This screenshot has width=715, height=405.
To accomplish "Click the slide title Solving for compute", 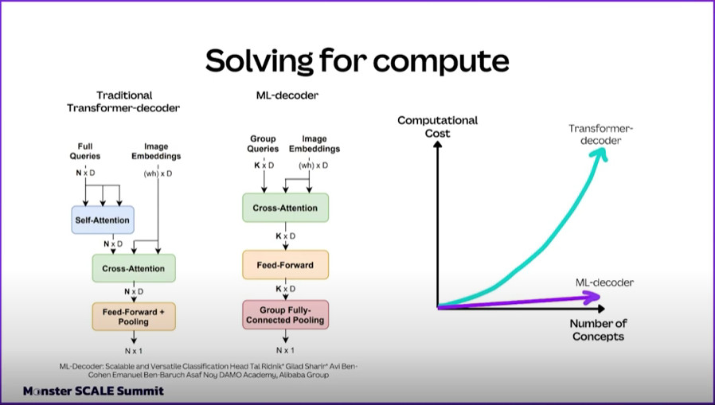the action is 357,61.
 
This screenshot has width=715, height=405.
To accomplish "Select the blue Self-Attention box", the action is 103,220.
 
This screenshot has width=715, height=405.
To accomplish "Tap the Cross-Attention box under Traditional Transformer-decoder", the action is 134,268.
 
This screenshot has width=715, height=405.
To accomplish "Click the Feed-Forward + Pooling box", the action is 134,317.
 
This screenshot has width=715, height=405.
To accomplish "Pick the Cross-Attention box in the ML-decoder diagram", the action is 286,208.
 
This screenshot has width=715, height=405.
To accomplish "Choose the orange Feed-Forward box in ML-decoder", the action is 286,265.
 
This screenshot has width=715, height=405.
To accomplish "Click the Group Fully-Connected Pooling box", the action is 286,315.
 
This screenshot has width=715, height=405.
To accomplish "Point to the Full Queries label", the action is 85,151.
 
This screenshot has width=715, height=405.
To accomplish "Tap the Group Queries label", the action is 263,143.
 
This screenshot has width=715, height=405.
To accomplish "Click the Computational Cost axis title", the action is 438,127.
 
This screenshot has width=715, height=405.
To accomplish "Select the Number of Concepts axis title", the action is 598,330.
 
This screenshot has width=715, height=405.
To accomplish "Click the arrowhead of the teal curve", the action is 600,154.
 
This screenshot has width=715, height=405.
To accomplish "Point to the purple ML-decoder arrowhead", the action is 592,298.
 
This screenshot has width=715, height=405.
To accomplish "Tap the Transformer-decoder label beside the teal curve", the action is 601,134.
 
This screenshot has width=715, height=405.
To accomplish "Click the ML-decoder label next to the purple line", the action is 604,282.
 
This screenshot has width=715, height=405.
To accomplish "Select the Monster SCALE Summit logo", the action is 93,391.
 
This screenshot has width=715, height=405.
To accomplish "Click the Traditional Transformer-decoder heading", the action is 123,102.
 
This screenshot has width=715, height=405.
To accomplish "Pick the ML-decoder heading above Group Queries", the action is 287,95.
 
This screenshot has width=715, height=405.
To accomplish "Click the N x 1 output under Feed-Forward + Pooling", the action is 134,351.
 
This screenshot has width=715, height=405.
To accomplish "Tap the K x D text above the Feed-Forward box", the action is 286,236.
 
